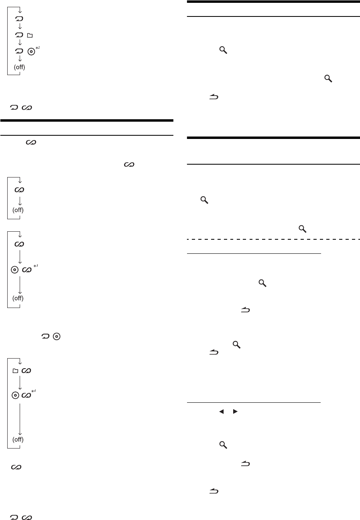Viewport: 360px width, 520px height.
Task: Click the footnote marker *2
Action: pyautogui.click(x=38, y=48)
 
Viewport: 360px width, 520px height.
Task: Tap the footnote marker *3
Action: pyautogui.click(x=36, y=265)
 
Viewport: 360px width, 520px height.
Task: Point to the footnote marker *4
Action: pyautogui.click(x=34, y=391)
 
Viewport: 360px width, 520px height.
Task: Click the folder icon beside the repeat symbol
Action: pyautogui.click(x=30, y=35)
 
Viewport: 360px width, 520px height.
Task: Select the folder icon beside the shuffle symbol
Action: pyautogui.click(x=15, y=371)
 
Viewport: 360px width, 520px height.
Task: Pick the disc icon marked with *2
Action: pyautogui.click(x=31, y=51)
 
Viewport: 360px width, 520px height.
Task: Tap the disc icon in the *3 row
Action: pyautogui.click(x=14, y=270)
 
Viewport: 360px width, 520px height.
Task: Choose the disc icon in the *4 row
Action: pyautogui.click(x=15, y=395)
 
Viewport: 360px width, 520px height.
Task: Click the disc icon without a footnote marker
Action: pyautogui.click(x=57, y=336)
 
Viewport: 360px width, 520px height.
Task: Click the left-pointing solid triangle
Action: pyautogui.click(x=221, y=411)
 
